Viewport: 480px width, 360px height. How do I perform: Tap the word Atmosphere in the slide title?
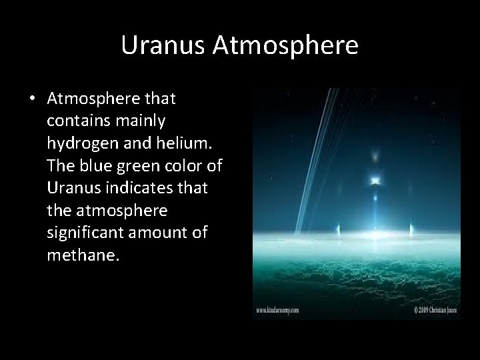pyautogui.click(x=286, y=45)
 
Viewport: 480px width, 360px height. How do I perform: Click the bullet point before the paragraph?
pyautogui.click(x=32, y=99)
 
